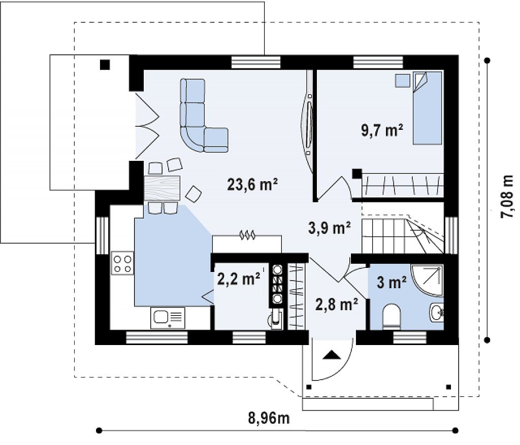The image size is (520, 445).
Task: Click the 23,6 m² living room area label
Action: [252, 184]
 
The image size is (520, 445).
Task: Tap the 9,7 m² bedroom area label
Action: [382, 130]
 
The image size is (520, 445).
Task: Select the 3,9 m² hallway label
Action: [329, 228]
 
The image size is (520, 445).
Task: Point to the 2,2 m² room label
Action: [239, 279]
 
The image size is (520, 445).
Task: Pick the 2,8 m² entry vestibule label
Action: [337, 304]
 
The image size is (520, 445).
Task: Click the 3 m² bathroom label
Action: [392, 283]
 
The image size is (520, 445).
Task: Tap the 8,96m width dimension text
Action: [269, 418]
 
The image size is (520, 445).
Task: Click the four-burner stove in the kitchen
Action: [122, 263]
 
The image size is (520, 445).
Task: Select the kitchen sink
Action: [168, 318]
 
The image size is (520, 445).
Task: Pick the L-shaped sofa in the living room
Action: [200, 119]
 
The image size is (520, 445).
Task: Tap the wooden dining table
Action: [162, 188]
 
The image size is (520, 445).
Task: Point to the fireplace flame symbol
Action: [247, 235]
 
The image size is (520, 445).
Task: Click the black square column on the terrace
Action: [105, 65]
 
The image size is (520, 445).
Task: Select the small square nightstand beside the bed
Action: [402, 81]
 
